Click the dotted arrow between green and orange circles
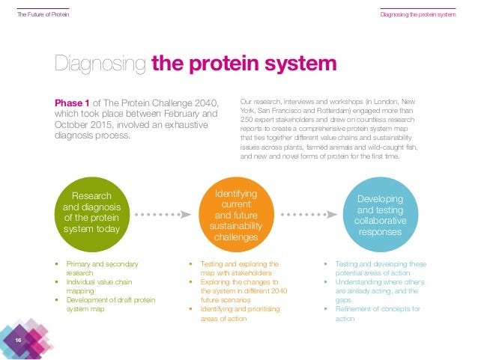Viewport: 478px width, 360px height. (x=160, y=214)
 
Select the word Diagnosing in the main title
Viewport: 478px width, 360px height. (x=101, y=64)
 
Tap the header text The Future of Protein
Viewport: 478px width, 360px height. (x=42, y=15)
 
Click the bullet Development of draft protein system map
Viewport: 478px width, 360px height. (x=104, y=305)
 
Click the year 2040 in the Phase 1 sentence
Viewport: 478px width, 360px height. (x=204, y=103)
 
